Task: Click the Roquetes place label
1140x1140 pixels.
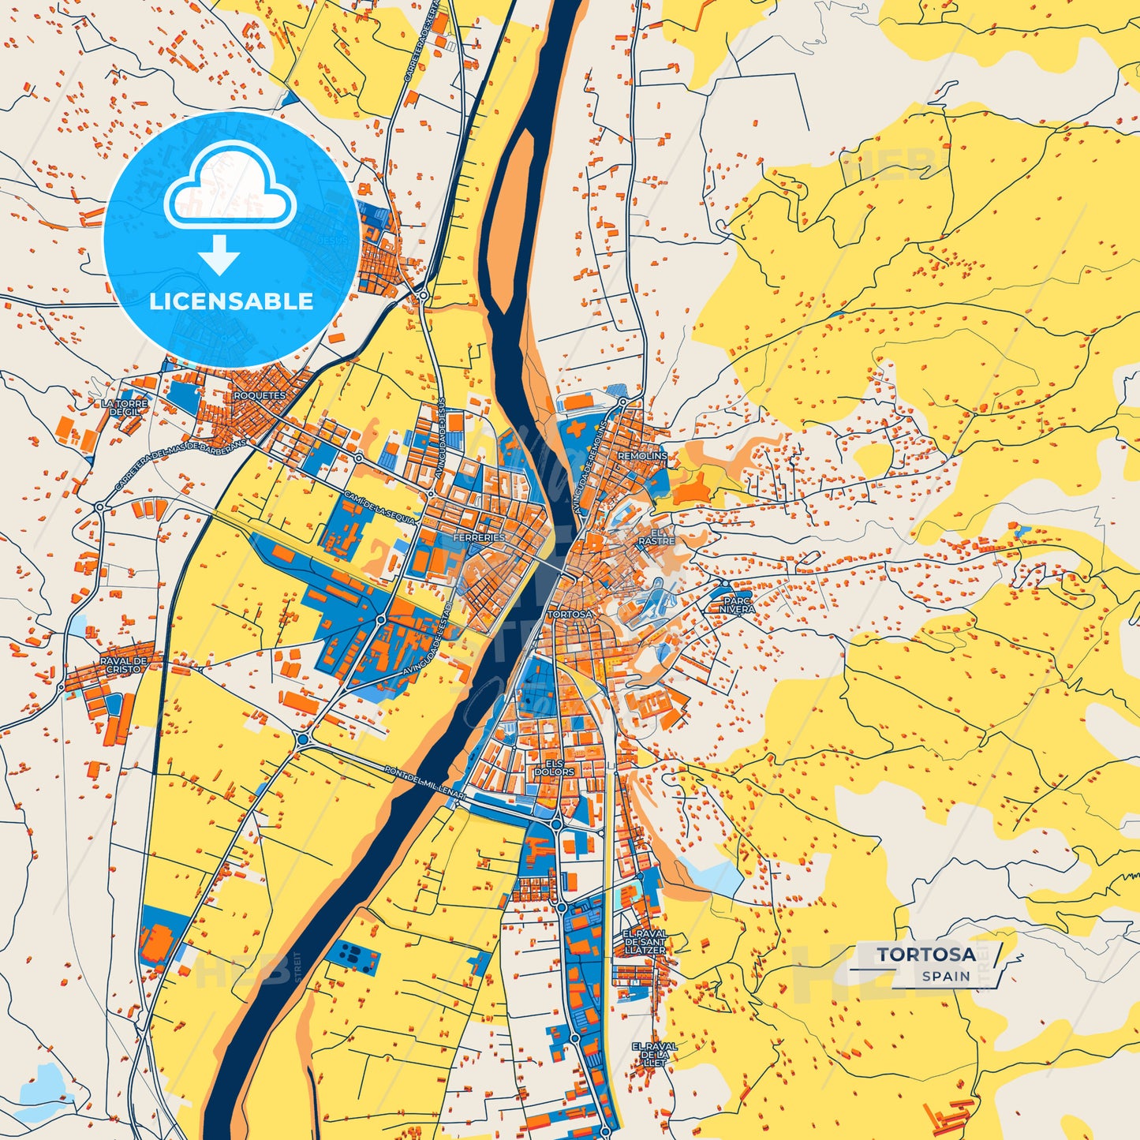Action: (260, 395)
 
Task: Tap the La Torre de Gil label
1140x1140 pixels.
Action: (125, 407)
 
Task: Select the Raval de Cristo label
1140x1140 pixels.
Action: (124, 664)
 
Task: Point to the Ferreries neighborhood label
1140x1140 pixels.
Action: (479, 537)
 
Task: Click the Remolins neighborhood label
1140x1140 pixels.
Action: (642, 456)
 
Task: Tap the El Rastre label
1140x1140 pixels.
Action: (656, 536)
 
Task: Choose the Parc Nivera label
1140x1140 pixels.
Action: (738, 604)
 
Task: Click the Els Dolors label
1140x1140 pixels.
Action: (554, 767)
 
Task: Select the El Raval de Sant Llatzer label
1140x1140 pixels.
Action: (645, 942)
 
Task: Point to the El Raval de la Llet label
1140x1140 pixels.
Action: (654, 1054)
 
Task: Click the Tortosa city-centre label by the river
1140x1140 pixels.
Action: (570, 614)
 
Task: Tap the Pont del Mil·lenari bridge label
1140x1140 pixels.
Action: (425, 785)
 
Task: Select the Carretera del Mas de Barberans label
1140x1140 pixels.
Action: (180, 465)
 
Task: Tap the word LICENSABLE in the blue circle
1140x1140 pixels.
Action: (231, 301)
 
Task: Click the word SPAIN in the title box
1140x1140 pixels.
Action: (946, 976)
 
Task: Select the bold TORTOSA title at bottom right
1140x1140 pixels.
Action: (926, 954)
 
